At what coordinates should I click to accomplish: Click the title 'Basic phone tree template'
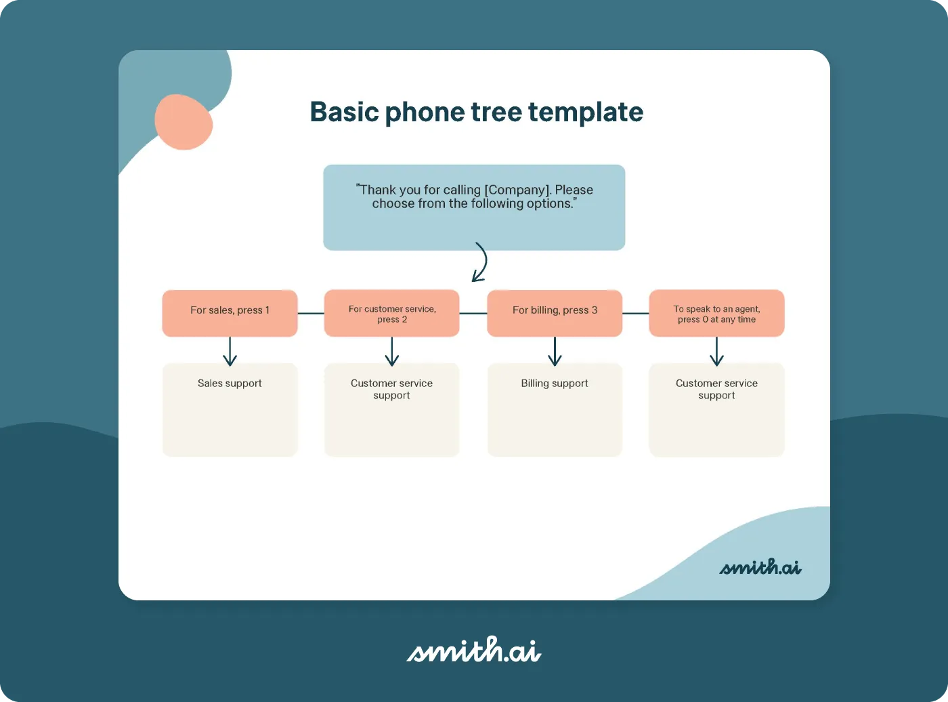[x=476, y=112]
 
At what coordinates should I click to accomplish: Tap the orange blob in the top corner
[x=184, y=123]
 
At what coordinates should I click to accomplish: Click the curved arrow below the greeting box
[x=481, y=262]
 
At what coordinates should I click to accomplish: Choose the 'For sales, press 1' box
[x=230, y=313]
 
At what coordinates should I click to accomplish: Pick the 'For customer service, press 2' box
[x=391, y=313]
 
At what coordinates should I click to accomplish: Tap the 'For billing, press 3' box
[x=555, y=313]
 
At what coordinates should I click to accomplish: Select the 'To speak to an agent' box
[x=716, y=313]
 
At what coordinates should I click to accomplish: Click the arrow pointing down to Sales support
[x=230, y=351]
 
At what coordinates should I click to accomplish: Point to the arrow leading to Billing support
[x=555, y=351]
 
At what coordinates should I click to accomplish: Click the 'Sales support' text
[x=230, y=384]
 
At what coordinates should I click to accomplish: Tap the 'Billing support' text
[x=555, y=384]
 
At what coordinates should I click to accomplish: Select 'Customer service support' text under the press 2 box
[x=391, y=389]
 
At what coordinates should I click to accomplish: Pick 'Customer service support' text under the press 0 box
[x=716, y=389]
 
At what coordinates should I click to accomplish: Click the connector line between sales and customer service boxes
[x=311, y=313]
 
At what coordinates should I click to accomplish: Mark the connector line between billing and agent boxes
[x=635, y=313]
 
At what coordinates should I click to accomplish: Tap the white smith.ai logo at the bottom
[x=473, y=651]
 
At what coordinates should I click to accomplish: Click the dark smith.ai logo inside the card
[x=760, y=566]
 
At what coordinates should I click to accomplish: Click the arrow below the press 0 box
[x=716, y=351]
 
